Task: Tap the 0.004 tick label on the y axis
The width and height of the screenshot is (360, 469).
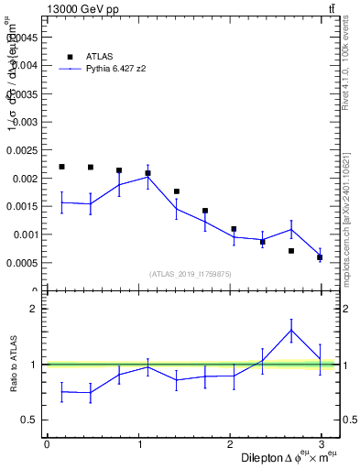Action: point(28,65)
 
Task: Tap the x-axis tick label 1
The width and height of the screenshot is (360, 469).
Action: point(139,443)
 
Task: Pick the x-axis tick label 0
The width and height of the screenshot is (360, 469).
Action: point(47,443)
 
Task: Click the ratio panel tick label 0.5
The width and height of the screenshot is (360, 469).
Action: point(30,420)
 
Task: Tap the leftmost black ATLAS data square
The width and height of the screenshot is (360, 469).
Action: point(61,167)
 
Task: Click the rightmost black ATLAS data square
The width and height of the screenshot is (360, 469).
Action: point(320,256)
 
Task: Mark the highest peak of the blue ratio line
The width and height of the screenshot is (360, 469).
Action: point(291,331)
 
